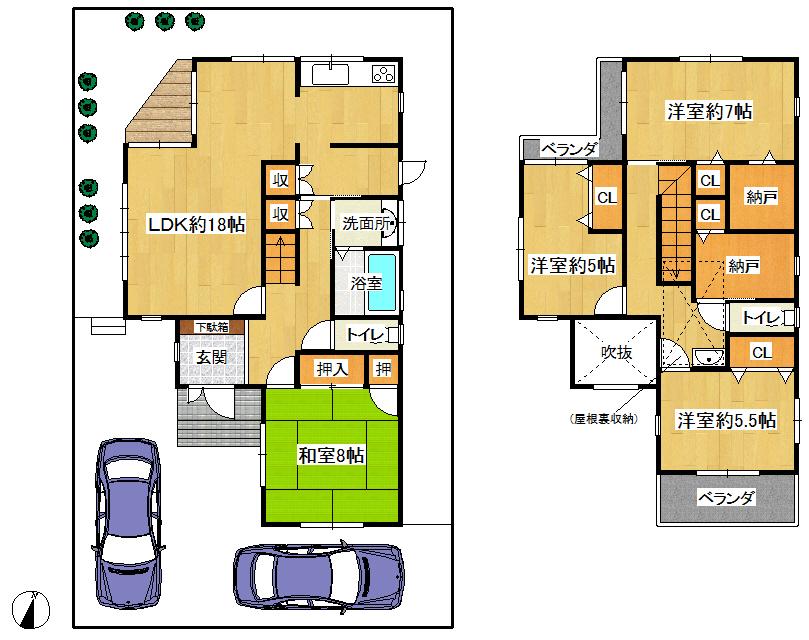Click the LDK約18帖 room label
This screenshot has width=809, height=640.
click(196, 224)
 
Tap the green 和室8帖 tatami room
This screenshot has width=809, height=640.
click(332, 456)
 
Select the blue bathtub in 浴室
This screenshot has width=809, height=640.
click(382, 280)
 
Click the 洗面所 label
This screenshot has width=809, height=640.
click(365, 224)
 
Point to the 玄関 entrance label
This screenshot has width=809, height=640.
click(209, 359)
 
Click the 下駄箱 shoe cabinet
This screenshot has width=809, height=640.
click(211, 327)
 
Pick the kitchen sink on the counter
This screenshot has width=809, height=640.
click(329, 74)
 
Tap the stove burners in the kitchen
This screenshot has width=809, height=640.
click(383, 74)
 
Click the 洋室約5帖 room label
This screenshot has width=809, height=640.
click(572, 266)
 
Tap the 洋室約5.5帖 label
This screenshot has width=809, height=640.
click(726, 421)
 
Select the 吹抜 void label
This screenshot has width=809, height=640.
click(616, 352)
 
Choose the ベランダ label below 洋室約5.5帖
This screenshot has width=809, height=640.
click(725, 498)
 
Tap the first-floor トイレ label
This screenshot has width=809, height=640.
click(367, 335)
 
